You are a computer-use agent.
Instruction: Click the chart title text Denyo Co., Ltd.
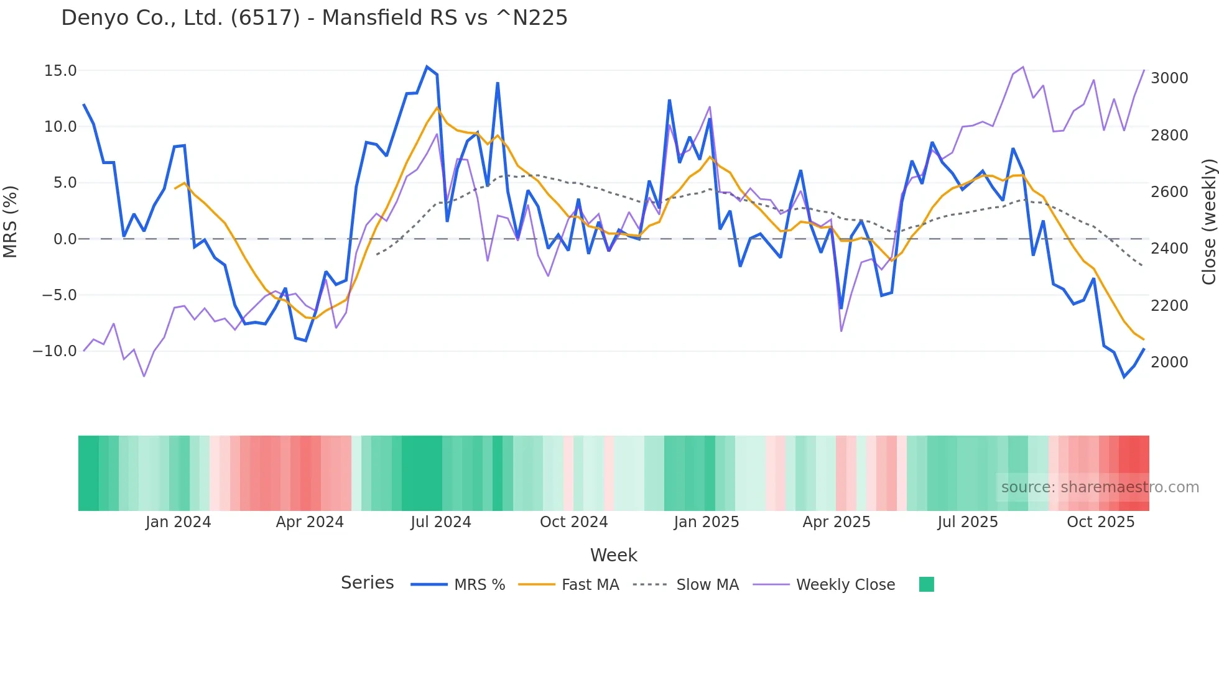[314, 18]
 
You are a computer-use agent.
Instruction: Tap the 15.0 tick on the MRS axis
[60, 71]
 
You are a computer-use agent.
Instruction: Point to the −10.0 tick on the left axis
[55, 351]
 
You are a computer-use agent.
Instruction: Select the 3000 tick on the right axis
[1169, 78]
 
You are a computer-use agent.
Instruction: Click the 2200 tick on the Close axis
[1169, 306]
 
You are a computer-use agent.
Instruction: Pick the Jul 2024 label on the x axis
[440, 522]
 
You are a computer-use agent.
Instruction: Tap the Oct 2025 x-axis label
[1100, 522]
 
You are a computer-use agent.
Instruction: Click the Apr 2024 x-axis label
[310, 522]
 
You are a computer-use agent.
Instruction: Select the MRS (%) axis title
[11, 221]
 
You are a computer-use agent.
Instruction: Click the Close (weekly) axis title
[1208, 221]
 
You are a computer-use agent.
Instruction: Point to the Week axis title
[613, 555]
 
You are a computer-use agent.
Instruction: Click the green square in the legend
[926, 584]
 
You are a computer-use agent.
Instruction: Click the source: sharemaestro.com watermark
[1100, 487]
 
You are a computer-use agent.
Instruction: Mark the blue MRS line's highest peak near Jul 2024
[427, 67]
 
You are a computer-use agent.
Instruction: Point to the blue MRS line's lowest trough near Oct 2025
[1124, 377]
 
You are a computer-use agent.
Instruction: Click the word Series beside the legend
[367, 583]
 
